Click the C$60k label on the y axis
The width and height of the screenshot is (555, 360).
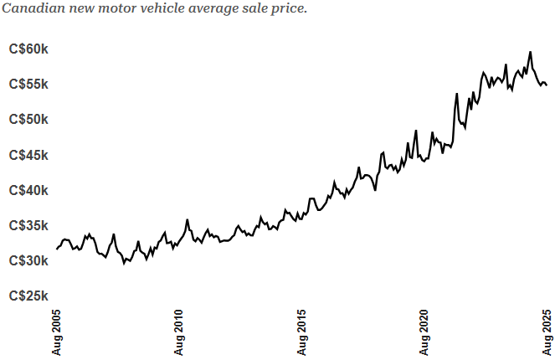[28, 49]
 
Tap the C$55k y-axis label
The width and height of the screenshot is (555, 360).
[28, 85]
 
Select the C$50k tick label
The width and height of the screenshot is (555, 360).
[28, 120]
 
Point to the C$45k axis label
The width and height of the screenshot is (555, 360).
[28, 155]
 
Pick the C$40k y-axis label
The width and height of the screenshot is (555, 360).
[28, 190]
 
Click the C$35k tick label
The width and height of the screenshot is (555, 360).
[28, 225]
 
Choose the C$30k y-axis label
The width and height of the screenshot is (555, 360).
[28, 260]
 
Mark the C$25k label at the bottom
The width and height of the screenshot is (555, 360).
[28, 296]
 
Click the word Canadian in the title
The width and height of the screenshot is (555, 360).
[31, 9]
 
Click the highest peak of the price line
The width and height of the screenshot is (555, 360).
[530, 52]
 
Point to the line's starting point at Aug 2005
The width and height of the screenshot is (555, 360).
[57, 249]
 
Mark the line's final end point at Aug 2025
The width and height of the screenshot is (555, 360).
[547, 85]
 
